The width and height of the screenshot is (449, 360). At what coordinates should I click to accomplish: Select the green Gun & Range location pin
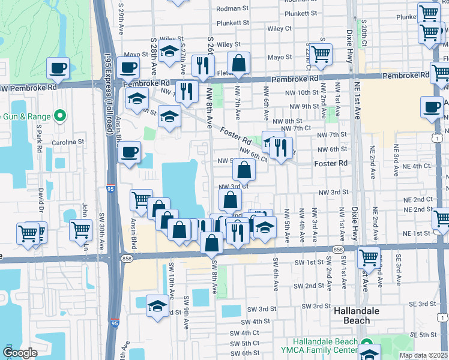(59, 115)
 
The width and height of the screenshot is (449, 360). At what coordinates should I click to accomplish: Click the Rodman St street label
(232, 9)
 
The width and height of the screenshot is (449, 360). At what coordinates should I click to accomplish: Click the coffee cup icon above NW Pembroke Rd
(58, 68)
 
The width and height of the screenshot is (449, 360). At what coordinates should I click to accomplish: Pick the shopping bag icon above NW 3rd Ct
(244, 171)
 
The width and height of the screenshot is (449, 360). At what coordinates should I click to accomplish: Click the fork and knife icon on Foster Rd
(280, 148)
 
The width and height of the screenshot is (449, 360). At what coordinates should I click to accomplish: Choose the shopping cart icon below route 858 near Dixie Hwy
(369, 258)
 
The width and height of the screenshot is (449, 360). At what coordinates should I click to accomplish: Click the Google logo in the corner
(20, 353)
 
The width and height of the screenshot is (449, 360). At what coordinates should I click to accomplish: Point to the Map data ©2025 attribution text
(423, 355)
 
